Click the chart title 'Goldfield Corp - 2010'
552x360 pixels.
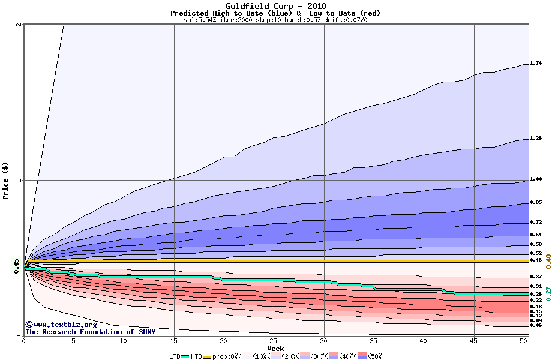pyautogui.click(x=275, y=7)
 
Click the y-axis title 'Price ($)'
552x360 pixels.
pyautogui.click(x=6, y=181)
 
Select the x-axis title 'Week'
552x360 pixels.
pyautogui.click(x=275, y=348)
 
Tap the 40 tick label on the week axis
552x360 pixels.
pyautogui.click(x=424, y=341)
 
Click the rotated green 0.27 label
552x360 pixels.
pyautogui.click(x=547, y=293)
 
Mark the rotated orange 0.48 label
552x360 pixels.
pyautogui.click(x=547, y=260)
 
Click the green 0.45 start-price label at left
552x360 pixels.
pyautogui.click(x=17, y=266)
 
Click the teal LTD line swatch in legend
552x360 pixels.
pyautogui.click(x=185, y=356)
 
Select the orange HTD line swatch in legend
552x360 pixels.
pyautogui.click(x=207, y=356)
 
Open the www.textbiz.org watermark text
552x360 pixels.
pyautogui.click(x=61, y=325)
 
